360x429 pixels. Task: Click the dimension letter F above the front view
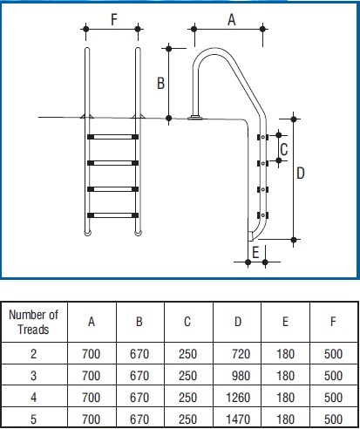tap(114, 20)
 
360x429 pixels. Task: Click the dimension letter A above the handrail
tap(232, 20)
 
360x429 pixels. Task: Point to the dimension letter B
tap(160, 83)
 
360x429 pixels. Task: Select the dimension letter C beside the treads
tap(284, 149)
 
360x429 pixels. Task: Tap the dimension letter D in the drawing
tap(301, 174)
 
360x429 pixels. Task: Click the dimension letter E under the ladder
tap(255, 252)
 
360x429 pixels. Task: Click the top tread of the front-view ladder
tap(112, 137)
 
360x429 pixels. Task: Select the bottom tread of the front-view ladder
tap(112, 215)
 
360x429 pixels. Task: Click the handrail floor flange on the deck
tap(195, 118)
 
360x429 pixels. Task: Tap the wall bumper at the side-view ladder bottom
tap(250, 236)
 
